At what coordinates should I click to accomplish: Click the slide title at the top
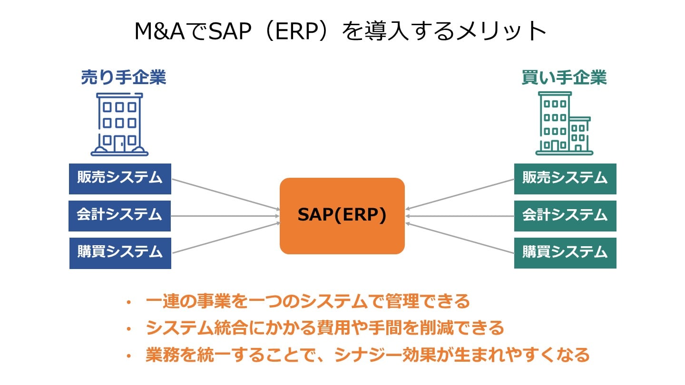pos(340,31)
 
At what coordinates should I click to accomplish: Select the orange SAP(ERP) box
pos(342,216)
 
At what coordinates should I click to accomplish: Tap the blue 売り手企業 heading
pos(123,77)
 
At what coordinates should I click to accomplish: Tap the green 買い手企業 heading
pos(564,77)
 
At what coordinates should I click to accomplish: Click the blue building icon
pos(119,124)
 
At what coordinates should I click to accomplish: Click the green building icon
pos(564,124)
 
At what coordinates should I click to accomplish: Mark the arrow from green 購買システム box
pos(460,238)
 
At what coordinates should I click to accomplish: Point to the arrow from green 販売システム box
pos(460,194)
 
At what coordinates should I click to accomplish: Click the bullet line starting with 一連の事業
pos(307,301)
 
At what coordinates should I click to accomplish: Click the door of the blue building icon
pos(119,144)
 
